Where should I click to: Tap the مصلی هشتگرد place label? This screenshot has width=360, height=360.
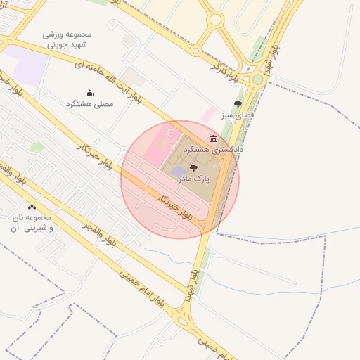(89, 104)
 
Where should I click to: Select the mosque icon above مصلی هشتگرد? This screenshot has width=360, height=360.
(89, 93)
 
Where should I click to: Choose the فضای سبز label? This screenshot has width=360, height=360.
(238, 114)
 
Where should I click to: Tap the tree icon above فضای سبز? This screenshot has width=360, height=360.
(238, 104)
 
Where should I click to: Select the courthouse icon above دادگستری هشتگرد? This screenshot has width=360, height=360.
(213, 139)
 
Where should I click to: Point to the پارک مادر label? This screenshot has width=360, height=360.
(194, 179)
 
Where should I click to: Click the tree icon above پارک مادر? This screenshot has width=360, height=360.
(194, 168)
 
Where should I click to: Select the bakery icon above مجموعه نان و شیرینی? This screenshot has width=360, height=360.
(32, 207)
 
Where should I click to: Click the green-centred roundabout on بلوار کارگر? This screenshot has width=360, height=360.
(257, 79)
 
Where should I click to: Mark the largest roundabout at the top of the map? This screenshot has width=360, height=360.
(216, 20)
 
